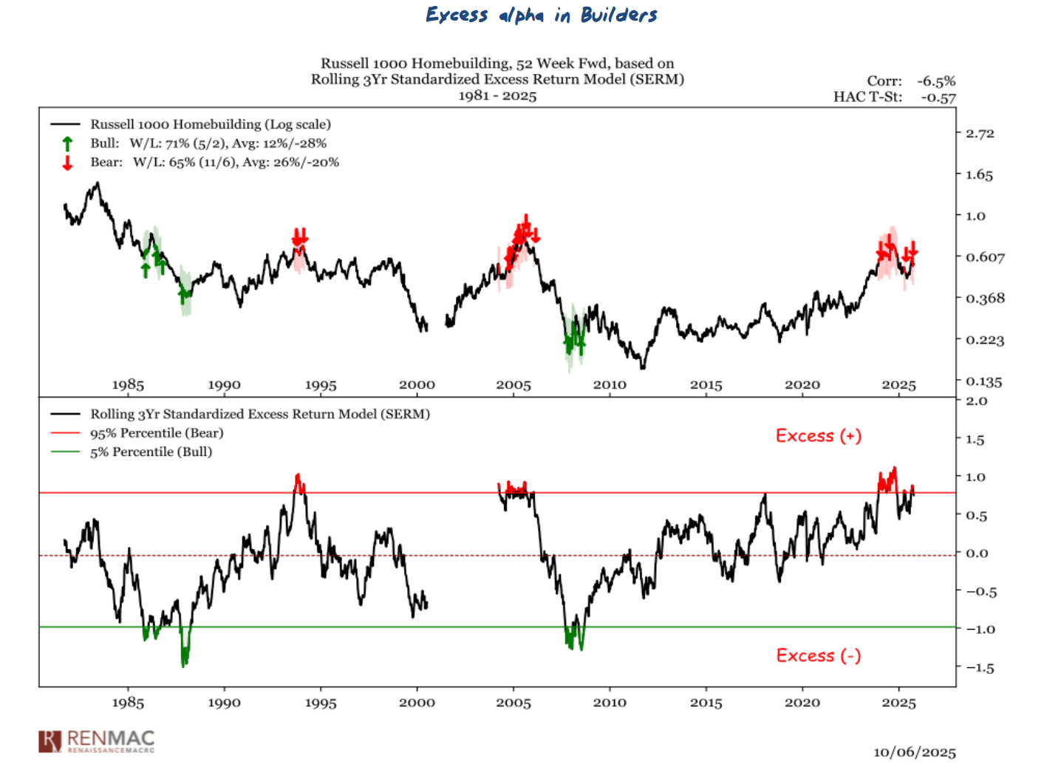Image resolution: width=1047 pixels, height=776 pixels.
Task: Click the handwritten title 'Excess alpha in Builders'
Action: pyautogui.click(x=541, y=15)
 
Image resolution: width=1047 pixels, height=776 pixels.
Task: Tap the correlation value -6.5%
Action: pyautogui.click(x=936, y=81)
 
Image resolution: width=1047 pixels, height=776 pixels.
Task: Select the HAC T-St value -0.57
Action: pyautogui.click(x=938, y=98)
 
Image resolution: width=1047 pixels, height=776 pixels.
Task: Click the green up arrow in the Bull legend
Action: pyautogui.click(x=67, y=144)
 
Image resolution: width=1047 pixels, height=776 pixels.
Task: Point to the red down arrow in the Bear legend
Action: pyautogui.click(x=67, y=163)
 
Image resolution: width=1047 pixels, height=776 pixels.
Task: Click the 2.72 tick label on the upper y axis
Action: pyautogui.click(x=980, y=134)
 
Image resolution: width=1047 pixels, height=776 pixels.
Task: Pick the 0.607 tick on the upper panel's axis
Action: pyautogui.click(x=985, y=257)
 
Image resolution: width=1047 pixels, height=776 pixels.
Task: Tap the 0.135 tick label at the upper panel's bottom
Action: pyautogui.click(x=984, y=382)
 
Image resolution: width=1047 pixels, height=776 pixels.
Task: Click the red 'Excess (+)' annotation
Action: pyautogui.click(x=819, y=436)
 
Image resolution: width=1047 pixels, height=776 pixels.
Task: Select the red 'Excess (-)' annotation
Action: pyautogui.click(x=819, y=656)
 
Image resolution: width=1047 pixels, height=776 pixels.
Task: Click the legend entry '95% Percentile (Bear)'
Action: pyautogui.click(x=157, y=433)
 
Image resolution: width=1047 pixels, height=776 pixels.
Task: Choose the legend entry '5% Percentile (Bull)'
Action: pyautogui.click(x=151, y=452)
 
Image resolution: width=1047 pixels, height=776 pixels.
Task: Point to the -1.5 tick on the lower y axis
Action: pyautogui.click(x=980, y=668)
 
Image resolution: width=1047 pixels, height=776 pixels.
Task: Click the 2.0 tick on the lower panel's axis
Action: pyautogui.click(x=976, y=401)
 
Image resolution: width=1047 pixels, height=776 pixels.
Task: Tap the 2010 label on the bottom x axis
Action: pyautogui.click(x=610, y=703)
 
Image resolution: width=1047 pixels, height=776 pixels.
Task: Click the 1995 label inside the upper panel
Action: pyautogui.click(x=321, y=385)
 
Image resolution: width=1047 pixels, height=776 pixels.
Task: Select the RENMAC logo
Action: pyautogui.click(x=97, y=741)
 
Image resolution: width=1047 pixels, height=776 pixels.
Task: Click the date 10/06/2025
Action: pyautogui.click(x=915, y=752)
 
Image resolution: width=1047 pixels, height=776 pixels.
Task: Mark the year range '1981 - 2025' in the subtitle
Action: pyautogui.click(x=497, y=96)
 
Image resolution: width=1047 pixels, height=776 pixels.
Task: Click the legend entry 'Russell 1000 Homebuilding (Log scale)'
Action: pyautogui.click(x=211, y=124)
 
